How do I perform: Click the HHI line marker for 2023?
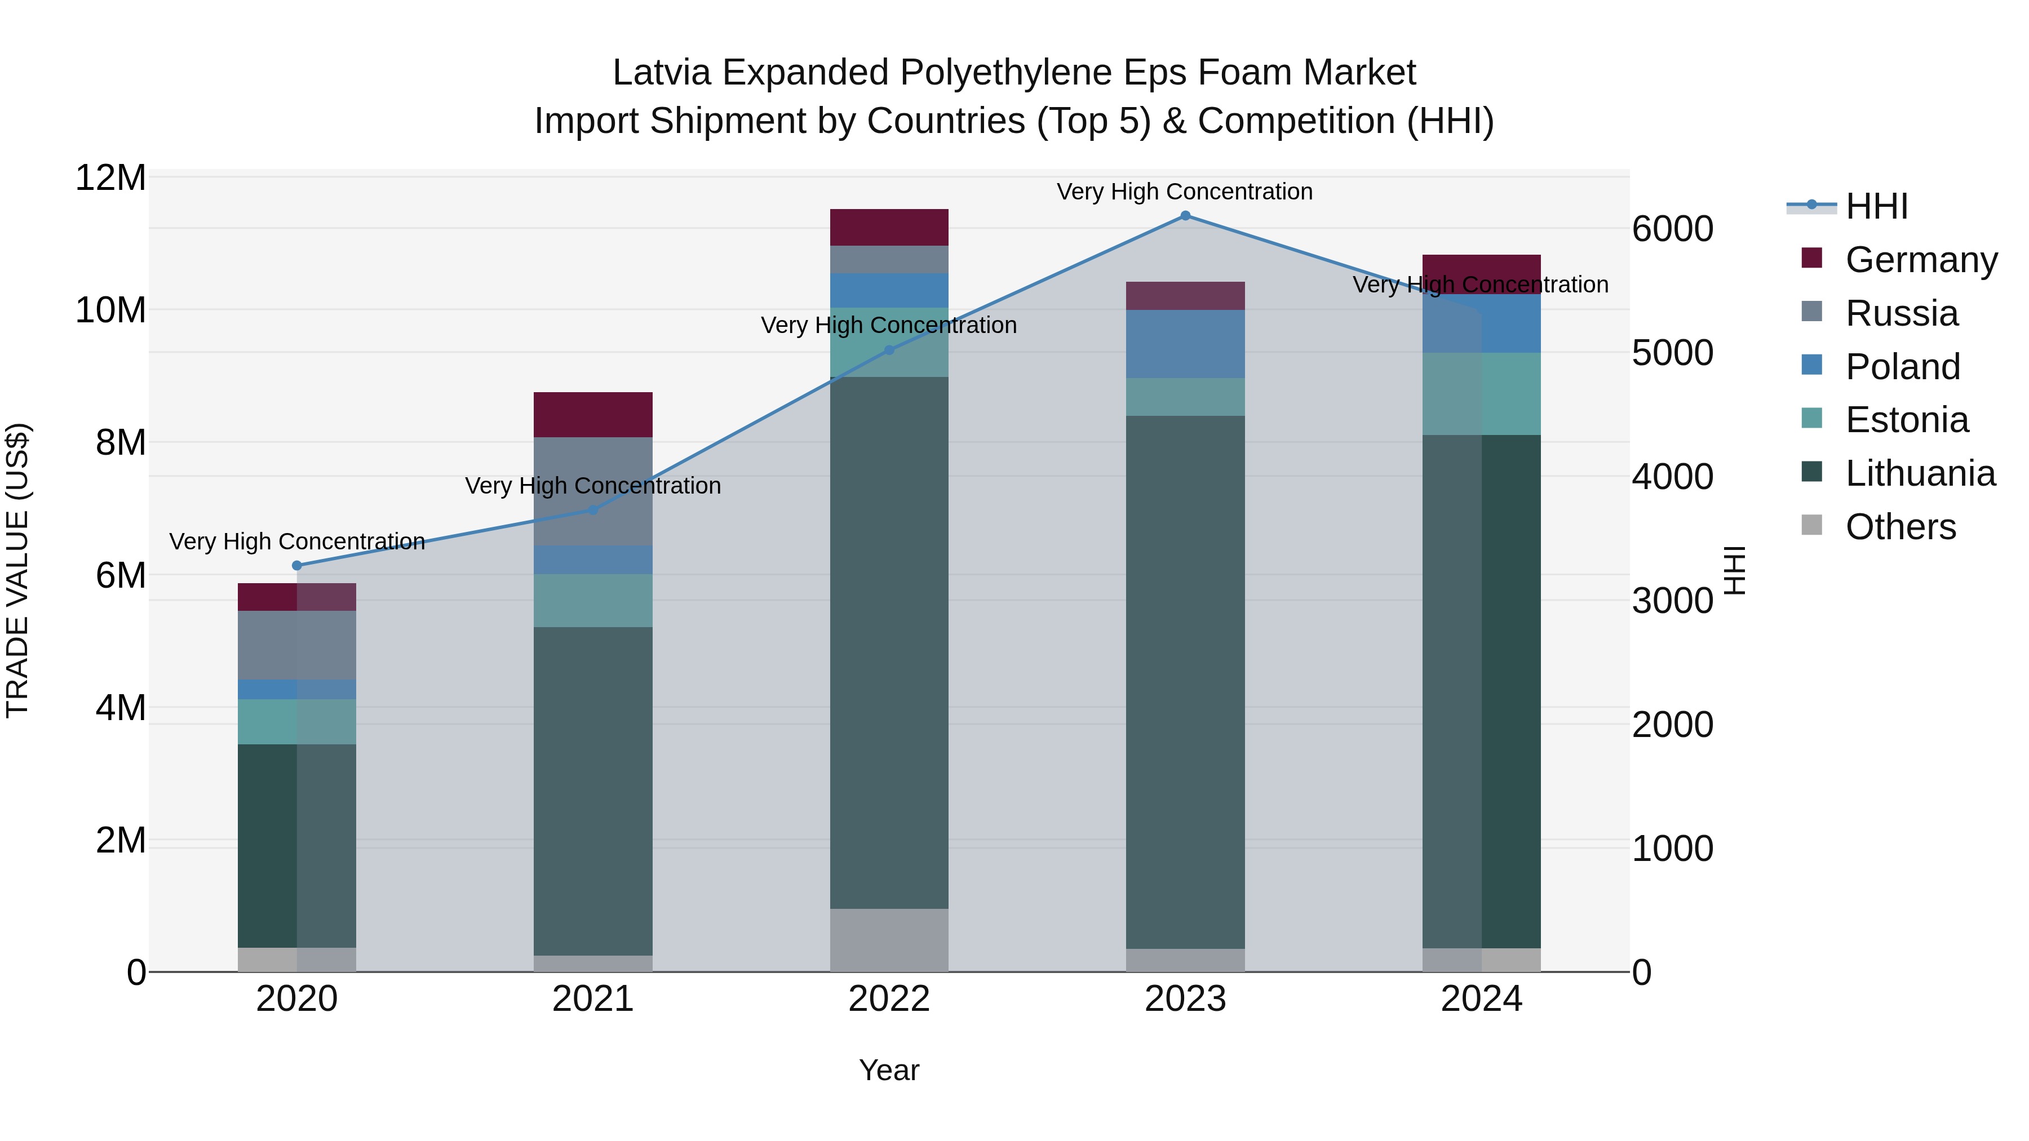pyautogui.click(x=1185, y=216)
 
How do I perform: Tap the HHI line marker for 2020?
pyautogui.click(x=297, y=565)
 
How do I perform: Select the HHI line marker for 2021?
pyautogui.click(x=593, y=510)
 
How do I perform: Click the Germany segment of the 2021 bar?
pyautogui.click(x=593, y=414)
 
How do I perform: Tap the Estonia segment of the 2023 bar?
pyautogui.click(x=1185, y=397)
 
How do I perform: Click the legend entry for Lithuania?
pyautogui.click(x=1920, y=473)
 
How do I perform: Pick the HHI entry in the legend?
pyautogui.click(x=1876, y=206)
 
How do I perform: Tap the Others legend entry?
pyautogui.click(x=1900, y=527)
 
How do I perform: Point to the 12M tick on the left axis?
pyautogui.click(x=110, y=178)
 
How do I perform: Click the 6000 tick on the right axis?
pyautogui.click(x=1672, y=229)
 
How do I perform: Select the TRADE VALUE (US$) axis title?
pyautogui.click(x=17, y=570)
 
